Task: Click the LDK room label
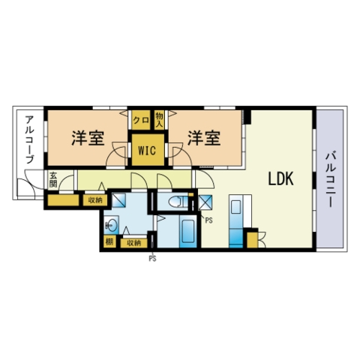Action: click(280, 178)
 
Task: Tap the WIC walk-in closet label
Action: click(147, 150)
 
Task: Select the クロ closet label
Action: click(141, 121)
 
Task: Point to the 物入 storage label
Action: click(159, 120)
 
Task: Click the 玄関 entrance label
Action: click(53, 179)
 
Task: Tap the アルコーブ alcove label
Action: click(29, 139)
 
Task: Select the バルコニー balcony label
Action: click(330, 179)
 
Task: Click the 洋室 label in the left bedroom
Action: click(88, 138)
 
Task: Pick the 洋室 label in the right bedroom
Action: click(204, 138)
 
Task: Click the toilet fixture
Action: click(177, 202)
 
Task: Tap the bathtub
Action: click(188, 231)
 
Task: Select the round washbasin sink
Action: click(111, 226)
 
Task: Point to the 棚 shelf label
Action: click(109, 241)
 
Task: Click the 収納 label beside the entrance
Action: click(95, 200)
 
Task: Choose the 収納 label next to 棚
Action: click(133, 243)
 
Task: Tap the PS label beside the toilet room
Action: click(208, 220)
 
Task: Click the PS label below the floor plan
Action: click(152, 259)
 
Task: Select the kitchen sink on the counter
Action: click(235, 206)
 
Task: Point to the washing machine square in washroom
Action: click(118, 200)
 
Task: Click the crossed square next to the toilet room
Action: click(205, 202)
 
